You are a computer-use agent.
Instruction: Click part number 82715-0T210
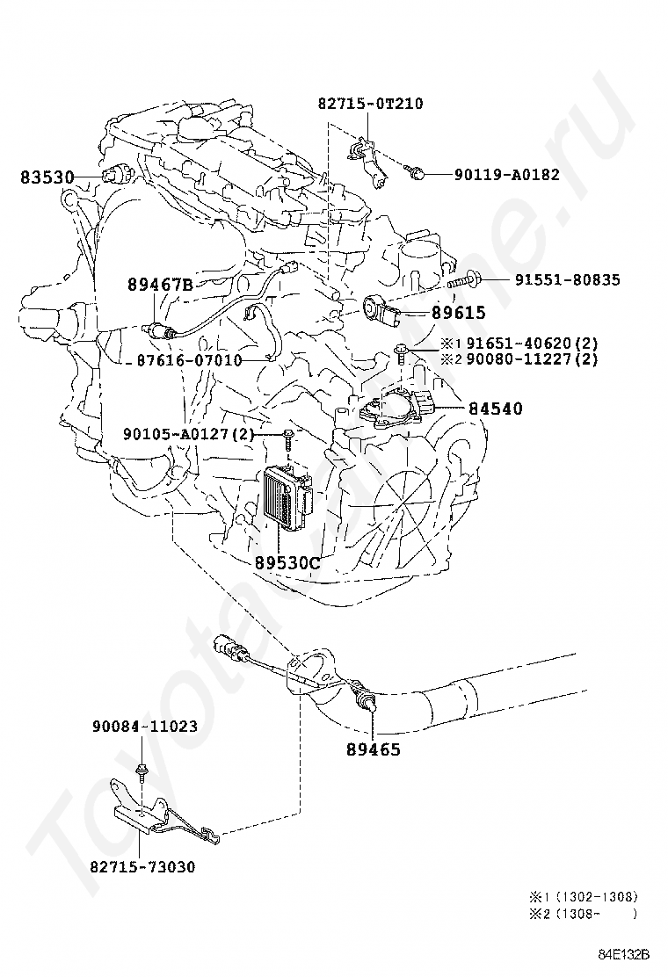point(370,104)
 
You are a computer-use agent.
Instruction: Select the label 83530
point(47,177)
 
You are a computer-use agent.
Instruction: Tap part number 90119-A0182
point(506,175)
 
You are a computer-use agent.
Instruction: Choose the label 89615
point(458,313)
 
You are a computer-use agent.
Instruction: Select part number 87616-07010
point(189,360)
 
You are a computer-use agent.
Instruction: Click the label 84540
point(495,409)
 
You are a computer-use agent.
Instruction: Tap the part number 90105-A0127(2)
point(188,434)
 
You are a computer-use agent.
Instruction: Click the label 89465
point(373,749)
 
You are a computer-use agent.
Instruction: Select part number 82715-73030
point(142,867)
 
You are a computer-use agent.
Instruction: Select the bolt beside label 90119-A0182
point(419,175)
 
